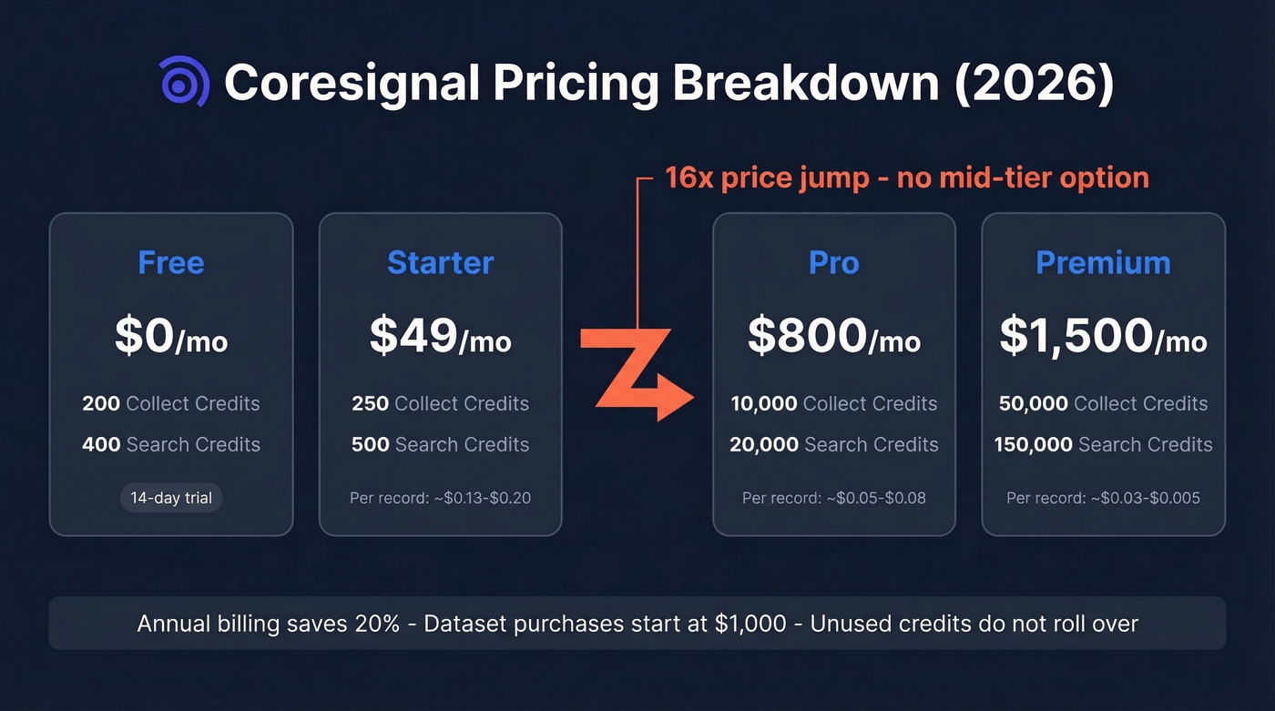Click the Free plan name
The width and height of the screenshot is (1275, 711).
pyautogui.click(x=171, y=262)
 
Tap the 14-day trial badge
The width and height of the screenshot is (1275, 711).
pyautogui.click(x=171, y=498)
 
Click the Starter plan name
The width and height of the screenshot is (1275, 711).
pyautogui.click(x=440, y=262)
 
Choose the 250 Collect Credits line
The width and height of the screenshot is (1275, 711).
pyautogui.click(x=440, y=403)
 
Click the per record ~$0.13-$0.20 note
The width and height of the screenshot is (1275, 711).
pyautogui.click(x=440, y=498)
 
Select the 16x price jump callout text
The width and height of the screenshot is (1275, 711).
pyautogui.click(x=906, y=177)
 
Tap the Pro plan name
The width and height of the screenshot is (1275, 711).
pyautogui.click(x=833, y=262)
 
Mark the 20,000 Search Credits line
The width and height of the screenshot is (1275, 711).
pyautogui.click(x=833, y=444)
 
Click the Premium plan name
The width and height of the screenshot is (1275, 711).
pyautogui.click(x=1103, y=262)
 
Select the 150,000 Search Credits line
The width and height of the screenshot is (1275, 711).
pyautogui.click(x=1103, y=444)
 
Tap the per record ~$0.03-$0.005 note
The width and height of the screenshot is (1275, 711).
pyautogui.click(x=1103, y=498)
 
